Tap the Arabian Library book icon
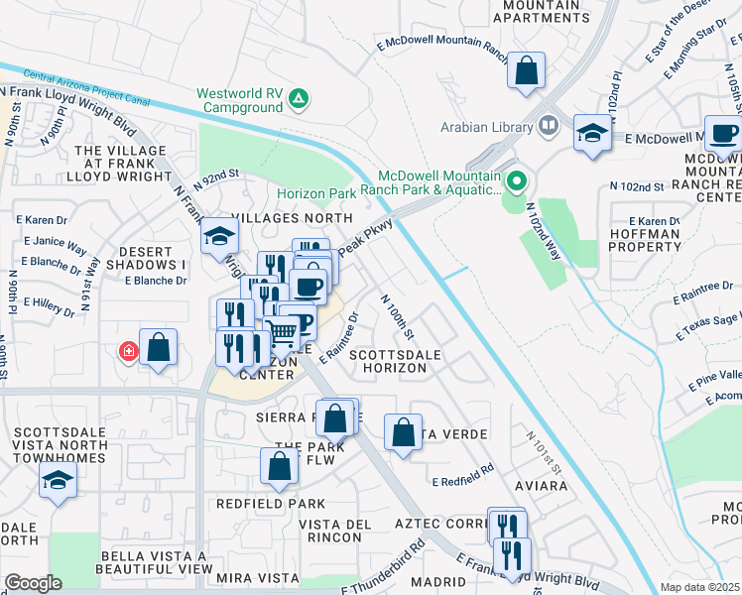point(548,126)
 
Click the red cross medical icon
point(127,350)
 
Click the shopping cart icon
point(282,332)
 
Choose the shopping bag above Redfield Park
point(280,465)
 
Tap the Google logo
point(33,583)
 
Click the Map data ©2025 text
point(699,587)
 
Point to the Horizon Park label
point(315,193)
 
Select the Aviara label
point(542,486)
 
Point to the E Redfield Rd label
point(463,475)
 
